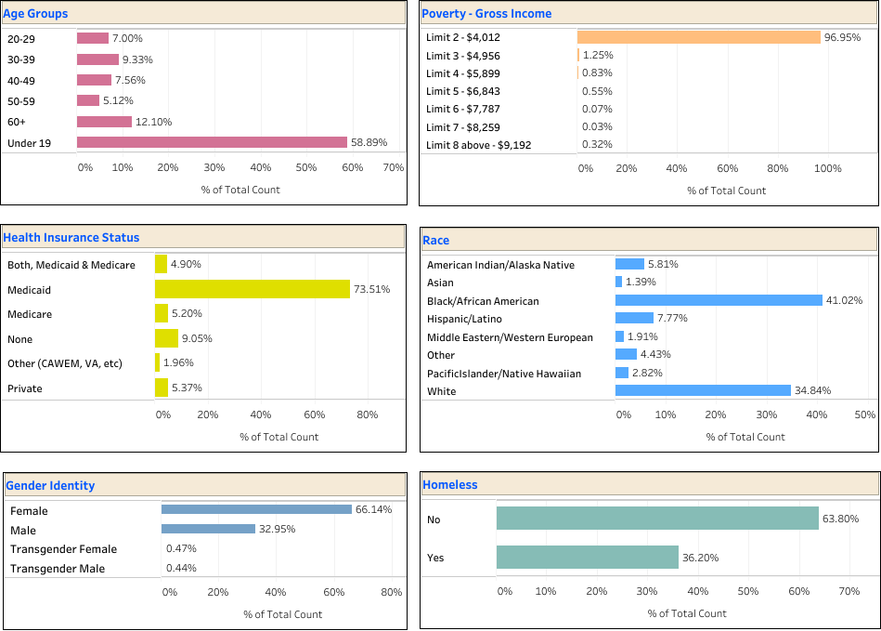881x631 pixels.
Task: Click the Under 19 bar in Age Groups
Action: [212, 142]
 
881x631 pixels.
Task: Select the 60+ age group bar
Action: [104, 122]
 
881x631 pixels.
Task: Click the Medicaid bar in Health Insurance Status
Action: [252, 290]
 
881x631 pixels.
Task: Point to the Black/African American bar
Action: [719, 300]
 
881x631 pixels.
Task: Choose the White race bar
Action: [703, 390]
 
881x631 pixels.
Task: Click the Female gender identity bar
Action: [256, 509]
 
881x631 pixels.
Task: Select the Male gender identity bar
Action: [208, 529]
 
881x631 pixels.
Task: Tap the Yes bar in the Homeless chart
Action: [587, 557]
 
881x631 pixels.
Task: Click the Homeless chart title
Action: [450, 484]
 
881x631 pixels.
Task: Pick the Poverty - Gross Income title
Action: [486, 13]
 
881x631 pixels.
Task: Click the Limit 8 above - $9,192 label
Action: [479, 145]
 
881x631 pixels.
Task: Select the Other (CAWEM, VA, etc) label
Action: [65, 362]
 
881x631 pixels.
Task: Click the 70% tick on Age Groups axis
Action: [393, 167]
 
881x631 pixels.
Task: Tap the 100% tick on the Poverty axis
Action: [827, 168]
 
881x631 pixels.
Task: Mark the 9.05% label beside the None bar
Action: [196, 338]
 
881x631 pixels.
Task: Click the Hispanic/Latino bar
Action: [634, 318]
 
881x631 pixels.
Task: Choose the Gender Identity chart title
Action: [50, 485]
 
